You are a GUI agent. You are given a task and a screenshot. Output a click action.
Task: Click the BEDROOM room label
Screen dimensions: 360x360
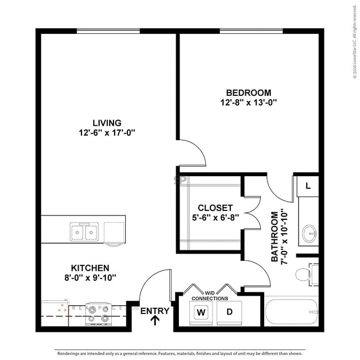point(248,92)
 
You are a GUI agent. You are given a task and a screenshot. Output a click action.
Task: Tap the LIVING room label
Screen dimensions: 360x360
point(107,122)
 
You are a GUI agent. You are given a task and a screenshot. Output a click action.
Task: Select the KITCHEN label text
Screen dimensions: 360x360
point(90,267)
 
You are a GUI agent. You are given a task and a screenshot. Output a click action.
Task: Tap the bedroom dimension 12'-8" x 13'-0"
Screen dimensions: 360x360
point(248,102)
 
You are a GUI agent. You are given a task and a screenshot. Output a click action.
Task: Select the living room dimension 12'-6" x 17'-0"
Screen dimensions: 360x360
point(107,132)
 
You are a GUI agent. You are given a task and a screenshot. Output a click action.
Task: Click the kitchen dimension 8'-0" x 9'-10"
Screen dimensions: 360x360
point(90,277)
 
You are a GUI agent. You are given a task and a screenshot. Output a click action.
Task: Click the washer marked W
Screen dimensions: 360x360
point(201,312)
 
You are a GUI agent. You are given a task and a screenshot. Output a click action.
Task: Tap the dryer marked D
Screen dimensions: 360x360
point(229,312)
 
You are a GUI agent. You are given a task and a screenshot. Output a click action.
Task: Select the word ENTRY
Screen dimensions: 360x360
point(155,311)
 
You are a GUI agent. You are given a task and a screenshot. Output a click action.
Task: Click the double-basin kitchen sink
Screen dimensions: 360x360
point(84,232)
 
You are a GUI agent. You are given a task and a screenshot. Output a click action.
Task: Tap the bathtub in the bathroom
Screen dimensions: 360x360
point(292,313)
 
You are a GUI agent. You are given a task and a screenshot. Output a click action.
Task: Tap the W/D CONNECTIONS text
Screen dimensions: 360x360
point(210,295)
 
